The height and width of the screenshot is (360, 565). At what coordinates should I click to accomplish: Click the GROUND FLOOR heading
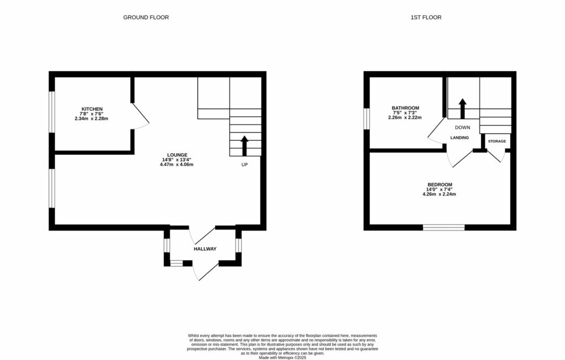[x=146, y=18]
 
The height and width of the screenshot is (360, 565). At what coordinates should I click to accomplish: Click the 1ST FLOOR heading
[x=426, y=18]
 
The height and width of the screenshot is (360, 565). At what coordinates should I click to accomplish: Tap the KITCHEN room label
[x=92, y=109]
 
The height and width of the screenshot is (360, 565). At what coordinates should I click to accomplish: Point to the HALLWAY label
[x=205, y=249]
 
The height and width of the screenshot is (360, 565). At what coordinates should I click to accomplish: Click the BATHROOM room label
[x=405, y=108]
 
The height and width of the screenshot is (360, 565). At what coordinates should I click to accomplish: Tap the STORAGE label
[x=497, y=142]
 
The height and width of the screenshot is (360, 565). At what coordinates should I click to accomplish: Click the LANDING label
[x=460, y=137]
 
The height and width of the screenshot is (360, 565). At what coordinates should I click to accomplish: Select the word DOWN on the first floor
[x=462, y=127]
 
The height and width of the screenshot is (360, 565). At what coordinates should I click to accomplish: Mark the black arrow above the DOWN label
[x=462, y=109]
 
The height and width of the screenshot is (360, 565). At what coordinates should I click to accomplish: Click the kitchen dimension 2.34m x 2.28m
[x=92, y=119]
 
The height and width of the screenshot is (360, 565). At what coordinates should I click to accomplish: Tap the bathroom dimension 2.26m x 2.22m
[x=405, y=117]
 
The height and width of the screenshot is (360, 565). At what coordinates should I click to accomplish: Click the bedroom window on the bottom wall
[x=444, y=227]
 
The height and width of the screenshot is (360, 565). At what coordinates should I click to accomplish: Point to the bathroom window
[x=366, y=118]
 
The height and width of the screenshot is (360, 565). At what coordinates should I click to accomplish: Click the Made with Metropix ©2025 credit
[x=282, y=357]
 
